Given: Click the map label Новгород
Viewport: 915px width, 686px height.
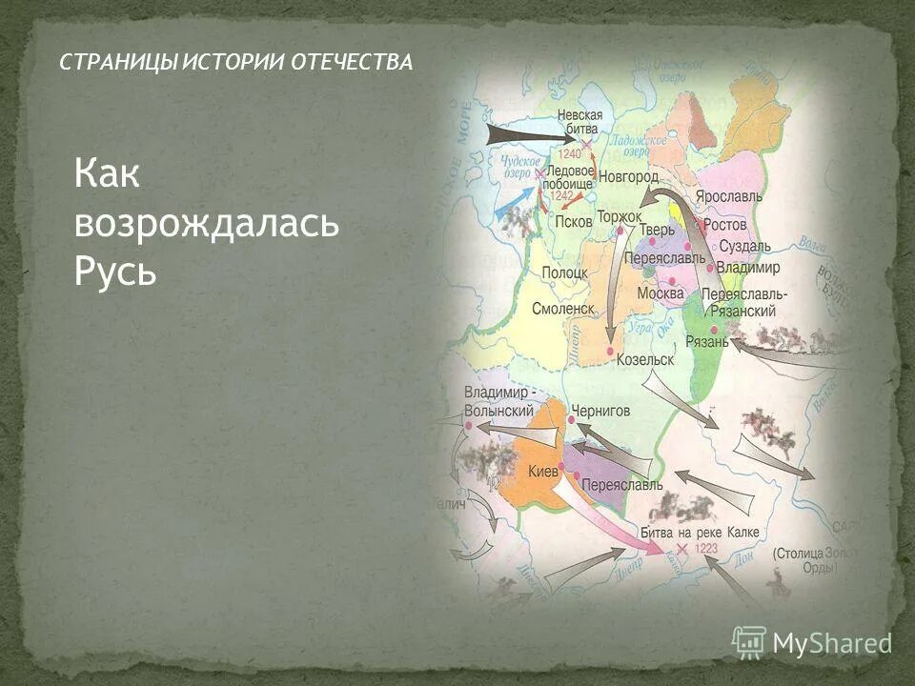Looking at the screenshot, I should [x=628, y=177].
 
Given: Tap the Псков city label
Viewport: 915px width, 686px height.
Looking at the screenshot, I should [x=573, y=221].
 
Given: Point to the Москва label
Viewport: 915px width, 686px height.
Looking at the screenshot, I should [x=661, y=293].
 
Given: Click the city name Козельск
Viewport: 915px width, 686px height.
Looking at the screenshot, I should [x=645, y=360].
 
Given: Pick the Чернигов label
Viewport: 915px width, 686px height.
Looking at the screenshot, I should [x=600, y=411].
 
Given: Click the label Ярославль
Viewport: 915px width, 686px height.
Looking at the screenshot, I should [x=728, y=195].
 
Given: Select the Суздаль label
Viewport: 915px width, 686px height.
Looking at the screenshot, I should [x=744, y=246].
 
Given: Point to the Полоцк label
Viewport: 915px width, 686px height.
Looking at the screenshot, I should [x=564, y=273].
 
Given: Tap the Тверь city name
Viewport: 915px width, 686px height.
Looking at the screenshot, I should [x=657, y=230].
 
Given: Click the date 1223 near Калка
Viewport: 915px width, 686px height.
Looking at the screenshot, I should [x=707, y=549].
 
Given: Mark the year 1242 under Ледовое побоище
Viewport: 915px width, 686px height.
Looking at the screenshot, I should [x=561, y=194].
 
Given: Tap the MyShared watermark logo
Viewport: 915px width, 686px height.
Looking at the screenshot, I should [x=811, y=642].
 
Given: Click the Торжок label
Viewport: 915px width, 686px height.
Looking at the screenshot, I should [x=620, y=217].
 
